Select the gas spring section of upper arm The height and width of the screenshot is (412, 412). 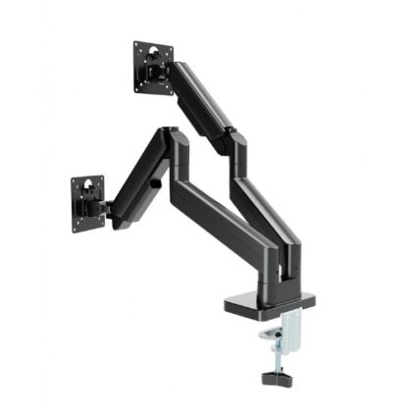point(202,98)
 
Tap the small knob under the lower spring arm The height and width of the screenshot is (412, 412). point(155,183)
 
